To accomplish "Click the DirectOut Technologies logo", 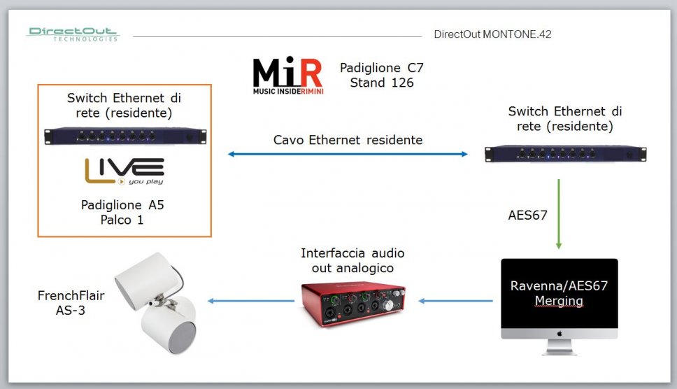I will click(x=73, y=34).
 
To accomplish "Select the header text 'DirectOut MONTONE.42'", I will click(x=492, y=34).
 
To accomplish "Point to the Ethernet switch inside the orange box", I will click(x=124, y=135).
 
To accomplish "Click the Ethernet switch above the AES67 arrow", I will click(x=565, y=153).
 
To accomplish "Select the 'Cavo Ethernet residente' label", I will click(x=348, y=140).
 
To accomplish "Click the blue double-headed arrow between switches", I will click(x=348, y=154).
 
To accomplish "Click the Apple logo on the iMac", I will click(x=559, y=333).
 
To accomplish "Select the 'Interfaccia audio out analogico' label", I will click(x=352, y=260).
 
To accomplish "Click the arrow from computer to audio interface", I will click(x=455, y=301).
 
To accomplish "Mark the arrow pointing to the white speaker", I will click(x=250, y=301).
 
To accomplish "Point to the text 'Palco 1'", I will click(x=122, y=219).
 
